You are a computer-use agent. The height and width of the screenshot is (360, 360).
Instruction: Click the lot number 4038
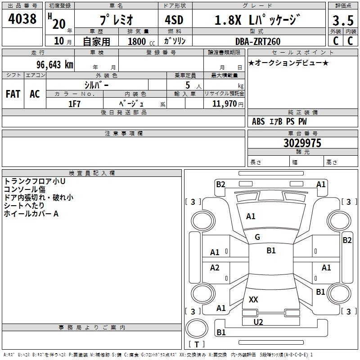[x=23, y=19]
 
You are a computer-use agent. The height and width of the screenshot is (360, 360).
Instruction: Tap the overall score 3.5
[x=342, y=21]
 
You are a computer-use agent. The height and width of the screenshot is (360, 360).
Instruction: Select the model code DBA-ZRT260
[x=258, y=41]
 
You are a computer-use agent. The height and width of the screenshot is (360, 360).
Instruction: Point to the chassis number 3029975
[x=302, y=143]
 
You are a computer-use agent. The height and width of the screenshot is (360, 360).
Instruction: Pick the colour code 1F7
[x=74, y=103]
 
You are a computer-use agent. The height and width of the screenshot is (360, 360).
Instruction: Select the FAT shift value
[x=13, y=94]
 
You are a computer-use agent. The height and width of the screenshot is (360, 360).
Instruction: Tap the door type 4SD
[x=175, y=20]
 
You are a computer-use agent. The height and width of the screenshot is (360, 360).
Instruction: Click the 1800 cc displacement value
[x=137, y=42]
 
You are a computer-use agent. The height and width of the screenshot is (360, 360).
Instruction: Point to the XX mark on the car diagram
[x=253, y=299]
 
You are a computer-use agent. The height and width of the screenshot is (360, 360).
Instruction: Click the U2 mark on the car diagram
[x=258, y=322]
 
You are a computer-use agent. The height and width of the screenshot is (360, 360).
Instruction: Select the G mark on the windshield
[x=257, y=237]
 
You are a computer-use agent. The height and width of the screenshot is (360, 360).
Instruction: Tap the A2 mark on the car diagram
[x=215, y=268]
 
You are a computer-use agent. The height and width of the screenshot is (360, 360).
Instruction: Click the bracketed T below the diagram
[x=196, y=344]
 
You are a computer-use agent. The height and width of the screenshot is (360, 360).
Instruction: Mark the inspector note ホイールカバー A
[x=31, y=214]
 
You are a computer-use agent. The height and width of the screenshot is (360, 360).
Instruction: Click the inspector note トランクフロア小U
[x=35, y=181]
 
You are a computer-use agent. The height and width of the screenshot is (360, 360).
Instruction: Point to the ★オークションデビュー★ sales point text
[x=288, y=63]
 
